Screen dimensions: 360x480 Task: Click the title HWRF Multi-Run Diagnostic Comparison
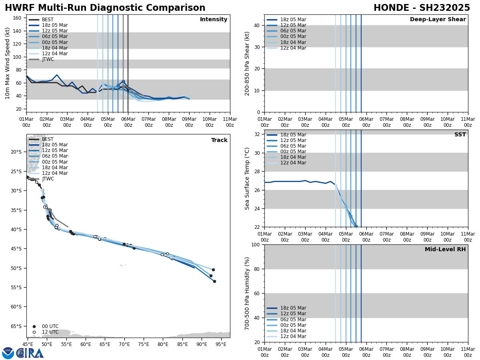click(x=105, y=8)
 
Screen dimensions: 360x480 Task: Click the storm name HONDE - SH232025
click(x=422, y=8)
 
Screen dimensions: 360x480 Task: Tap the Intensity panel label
click(x=214, y=20)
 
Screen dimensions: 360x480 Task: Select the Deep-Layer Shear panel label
click(x=438, y=20)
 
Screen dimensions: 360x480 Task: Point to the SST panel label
click(x=460, y=135)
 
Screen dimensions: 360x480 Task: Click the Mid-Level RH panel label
click(x=445, y=250)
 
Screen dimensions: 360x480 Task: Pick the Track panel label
click(x=219, y=140)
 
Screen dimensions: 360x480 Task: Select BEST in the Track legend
click(x=48, y=139)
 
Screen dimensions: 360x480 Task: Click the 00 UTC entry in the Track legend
click(x=50, y=326)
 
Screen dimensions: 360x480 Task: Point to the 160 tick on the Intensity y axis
click(x=17, y=18)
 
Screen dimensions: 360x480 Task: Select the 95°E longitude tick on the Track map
click(x=221, y=344)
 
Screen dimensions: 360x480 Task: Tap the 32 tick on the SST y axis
click(x=257, y=134)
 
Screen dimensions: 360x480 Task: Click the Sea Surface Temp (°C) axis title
click(x=248, y=178)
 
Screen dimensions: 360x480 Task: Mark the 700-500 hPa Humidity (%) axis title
click(x=248, y=293)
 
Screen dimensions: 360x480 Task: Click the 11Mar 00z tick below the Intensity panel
click(x=230, y=122)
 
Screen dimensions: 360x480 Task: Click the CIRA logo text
click(x=30, y=353)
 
